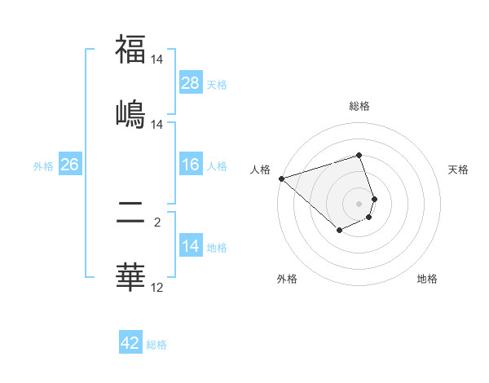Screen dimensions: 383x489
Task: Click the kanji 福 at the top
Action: pyautogui.click(x=130, y=49)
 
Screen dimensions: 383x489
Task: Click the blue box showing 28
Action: pyautogui.click(x=191, y=83)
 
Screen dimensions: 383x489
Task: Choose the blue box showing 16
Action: pyautogui.click(x=191, y=165)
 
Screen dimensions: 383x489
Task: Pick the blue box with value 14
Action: pyautogui.click(x=191, y=247)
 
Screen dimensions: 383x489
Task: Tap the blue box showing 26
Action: pyautogui.click(x=69, y=165)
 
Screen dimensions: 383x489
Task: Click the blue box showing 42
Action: pyautogui.click(x=130, y=343)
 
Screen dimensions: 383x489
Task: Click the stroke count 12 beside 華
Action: pyautogui.click(x=156, y=287)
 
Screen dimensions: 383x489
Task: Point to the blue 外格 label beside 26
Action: pyautogui.click(x=43, y=166)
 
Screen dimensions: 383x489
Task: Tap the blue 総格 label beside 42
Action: pyautogui.click(x=156, y=345)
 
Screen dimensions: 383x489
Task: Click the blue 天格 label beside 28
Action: pyautogui.click(x=217, y=85)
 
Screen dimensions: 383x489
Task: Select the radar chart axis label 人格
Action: pyautogui.click(x=260, y=169)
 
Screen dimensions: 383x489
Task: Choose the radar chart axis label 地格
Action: pyautogui.click(x=427, y=280)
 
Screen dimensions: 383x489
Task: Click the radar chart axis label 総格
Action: pyautogui.click(x=359, y=106)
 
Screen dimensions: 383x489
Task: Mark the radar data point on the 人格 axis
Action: pyautogui.click(x=281, y=178)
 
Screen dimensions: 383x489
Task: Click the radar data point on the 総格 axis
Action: pyautogui.click(x=359, y=155)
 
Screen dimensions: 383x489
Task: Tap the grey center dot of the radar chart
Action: pyautogui.click(x=359, y=203)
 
